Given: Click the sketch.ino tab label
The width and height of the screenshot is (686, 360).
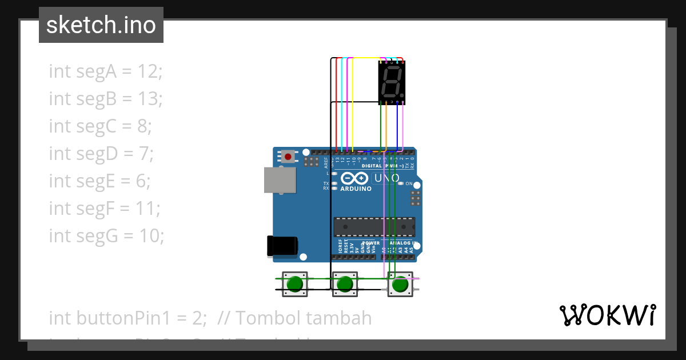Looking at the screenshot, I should pyautogui.click(x=101, y=25).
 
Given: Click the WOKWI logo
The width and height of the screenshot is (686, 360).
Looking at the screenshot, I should pyautogui.click(x=607, y=315).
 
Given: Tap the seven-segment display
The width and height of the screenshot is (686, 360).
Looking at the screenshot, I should pyautogui.click(x=392, y=82).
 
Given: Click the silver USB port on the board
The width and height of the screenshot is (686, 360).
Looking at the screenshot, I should pyautogui.click(x=280, y=180).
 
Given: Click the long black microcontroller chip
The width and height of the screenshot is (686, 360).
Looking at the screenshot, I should pyautogui.click(x=374, y=226).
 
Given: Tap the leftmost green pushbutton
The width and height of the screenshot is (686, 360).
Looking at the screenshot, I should pyautogui.click(x=295, y=284).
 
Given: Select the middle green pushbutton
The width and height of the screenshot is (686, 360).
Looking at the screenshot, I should pyautogui.click(x=345, y=284).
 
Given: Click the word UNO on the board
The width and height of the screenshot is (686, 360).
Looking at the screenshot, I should pyautogui.click(x=387, y=178).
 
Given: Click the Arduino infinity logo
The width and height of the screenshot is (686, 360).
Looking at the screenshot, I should pyautogui.click(x=354, y=178).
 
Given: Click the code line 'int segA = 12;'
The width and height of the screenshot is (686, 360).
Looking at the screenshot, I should pyautogui.click(x=106, y=71).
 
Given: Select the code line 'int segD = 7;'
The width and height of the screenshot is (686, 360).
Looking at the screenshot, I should pyautogui.click(x=101, y=154).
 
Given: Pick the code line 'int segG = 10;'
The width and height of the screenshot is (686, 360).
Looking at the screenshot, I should pyautogui.click(x=106, y=235).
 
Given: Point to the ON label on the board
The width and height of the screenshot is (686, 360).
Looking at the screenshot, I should pyautogui.click(x=409, y=183).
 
